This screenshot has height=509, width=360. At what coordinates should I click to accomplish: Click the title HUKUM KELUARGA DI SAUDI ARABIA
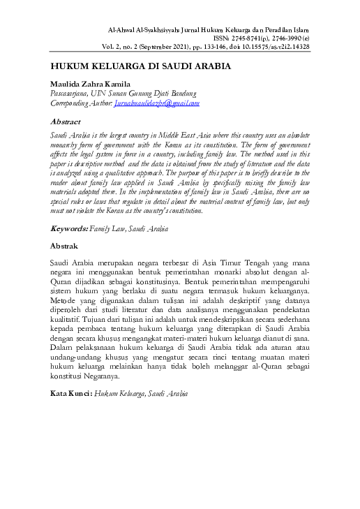click(x=140, y=67)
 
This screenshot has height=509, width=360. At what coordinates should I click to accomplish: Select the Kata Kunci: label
click(x=71, y=394)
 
